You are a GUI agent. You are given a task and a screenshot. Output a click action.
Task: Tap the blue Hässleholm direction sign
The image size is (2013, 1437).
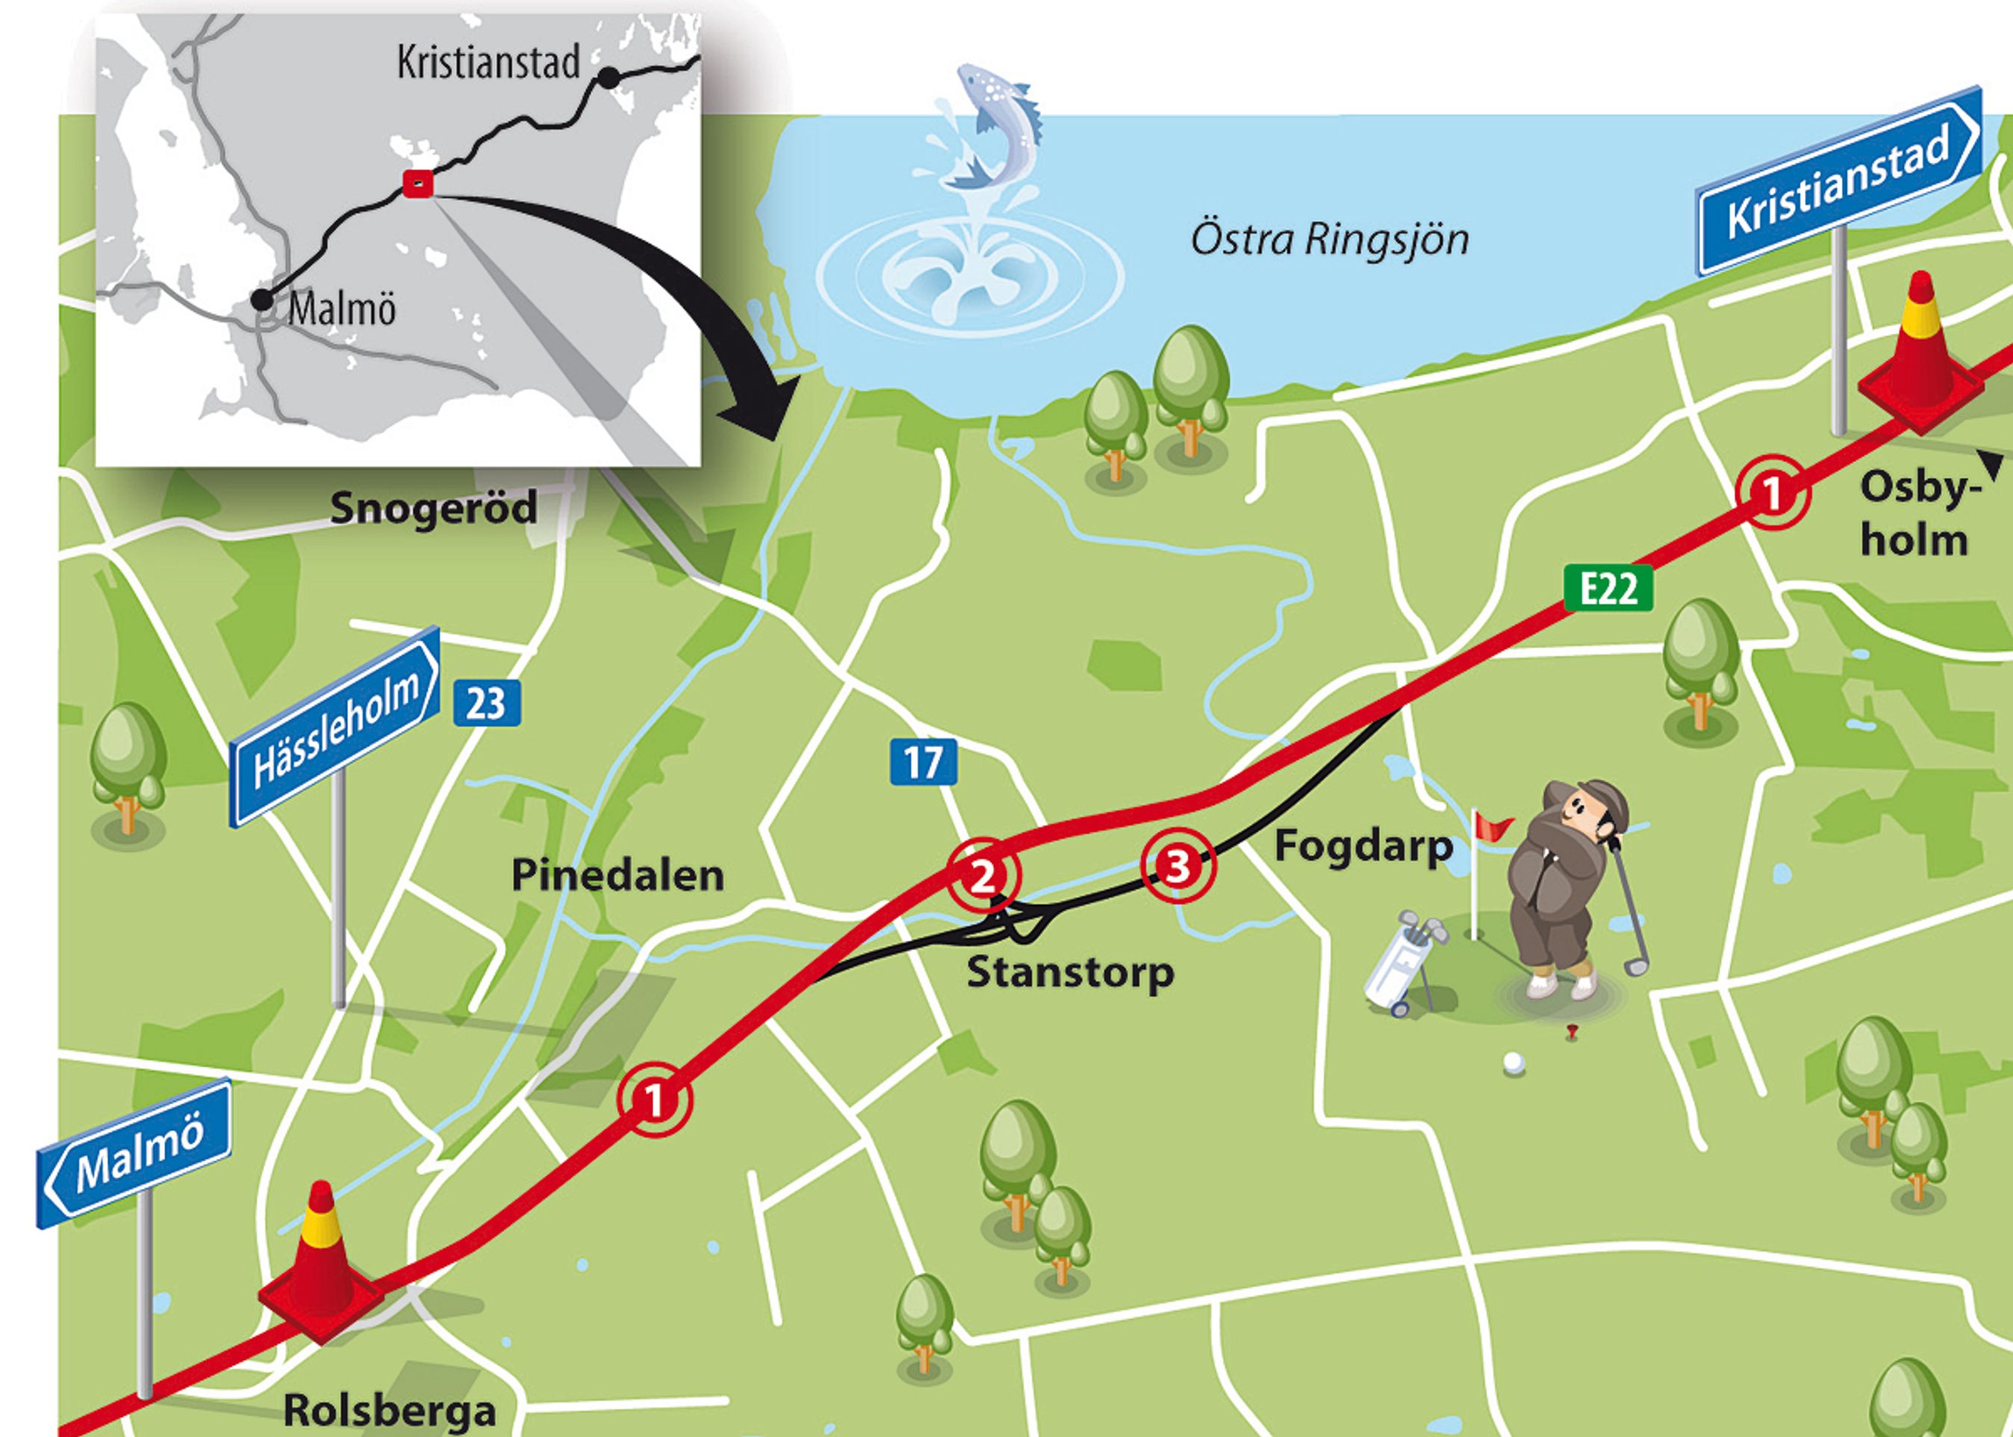[335, 727]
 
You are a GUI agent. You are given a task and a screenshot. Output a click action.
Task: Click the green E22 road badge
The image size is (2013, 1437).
[1608, 587]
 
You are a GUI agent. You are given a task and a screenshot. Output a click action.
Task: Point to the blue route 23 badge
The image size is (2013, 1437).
[487, 703]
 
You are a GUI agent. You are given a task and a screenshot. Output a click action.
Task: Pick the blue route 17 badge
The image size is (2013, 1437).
[923, 762]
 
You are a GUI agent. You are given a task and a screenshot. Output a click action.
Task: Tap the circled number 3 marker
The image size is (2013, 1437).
[1177, 865]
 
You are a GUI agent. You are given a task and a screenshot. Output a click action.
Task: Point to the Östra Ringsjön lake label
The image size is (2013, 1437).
[1329, 240]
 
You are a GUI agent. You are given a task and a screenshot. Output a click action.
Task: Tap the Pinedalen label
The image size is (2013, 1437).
[617, 875]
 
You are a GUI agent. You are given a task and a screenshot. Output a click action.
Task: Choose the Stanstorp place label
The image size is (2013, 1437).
[1071, 972]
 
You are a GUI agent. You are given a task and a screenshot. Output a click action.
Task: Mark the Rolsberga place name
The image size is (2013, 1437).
[388, 1409]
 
